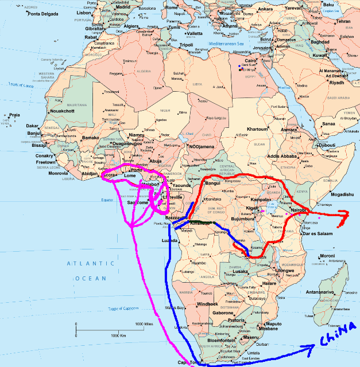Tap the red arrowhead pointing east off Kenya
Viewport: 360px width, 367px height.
[x=343, y=215]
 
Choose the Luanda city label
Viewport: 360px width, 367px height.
[x=170, y=240]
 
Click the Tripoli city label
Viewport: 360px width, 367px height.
[x=186, y=44]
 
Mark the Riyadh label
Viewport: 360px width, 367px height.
[x=337, y=82]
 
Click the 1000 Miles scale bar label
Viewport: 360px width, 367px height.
[x=146, y=325]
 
